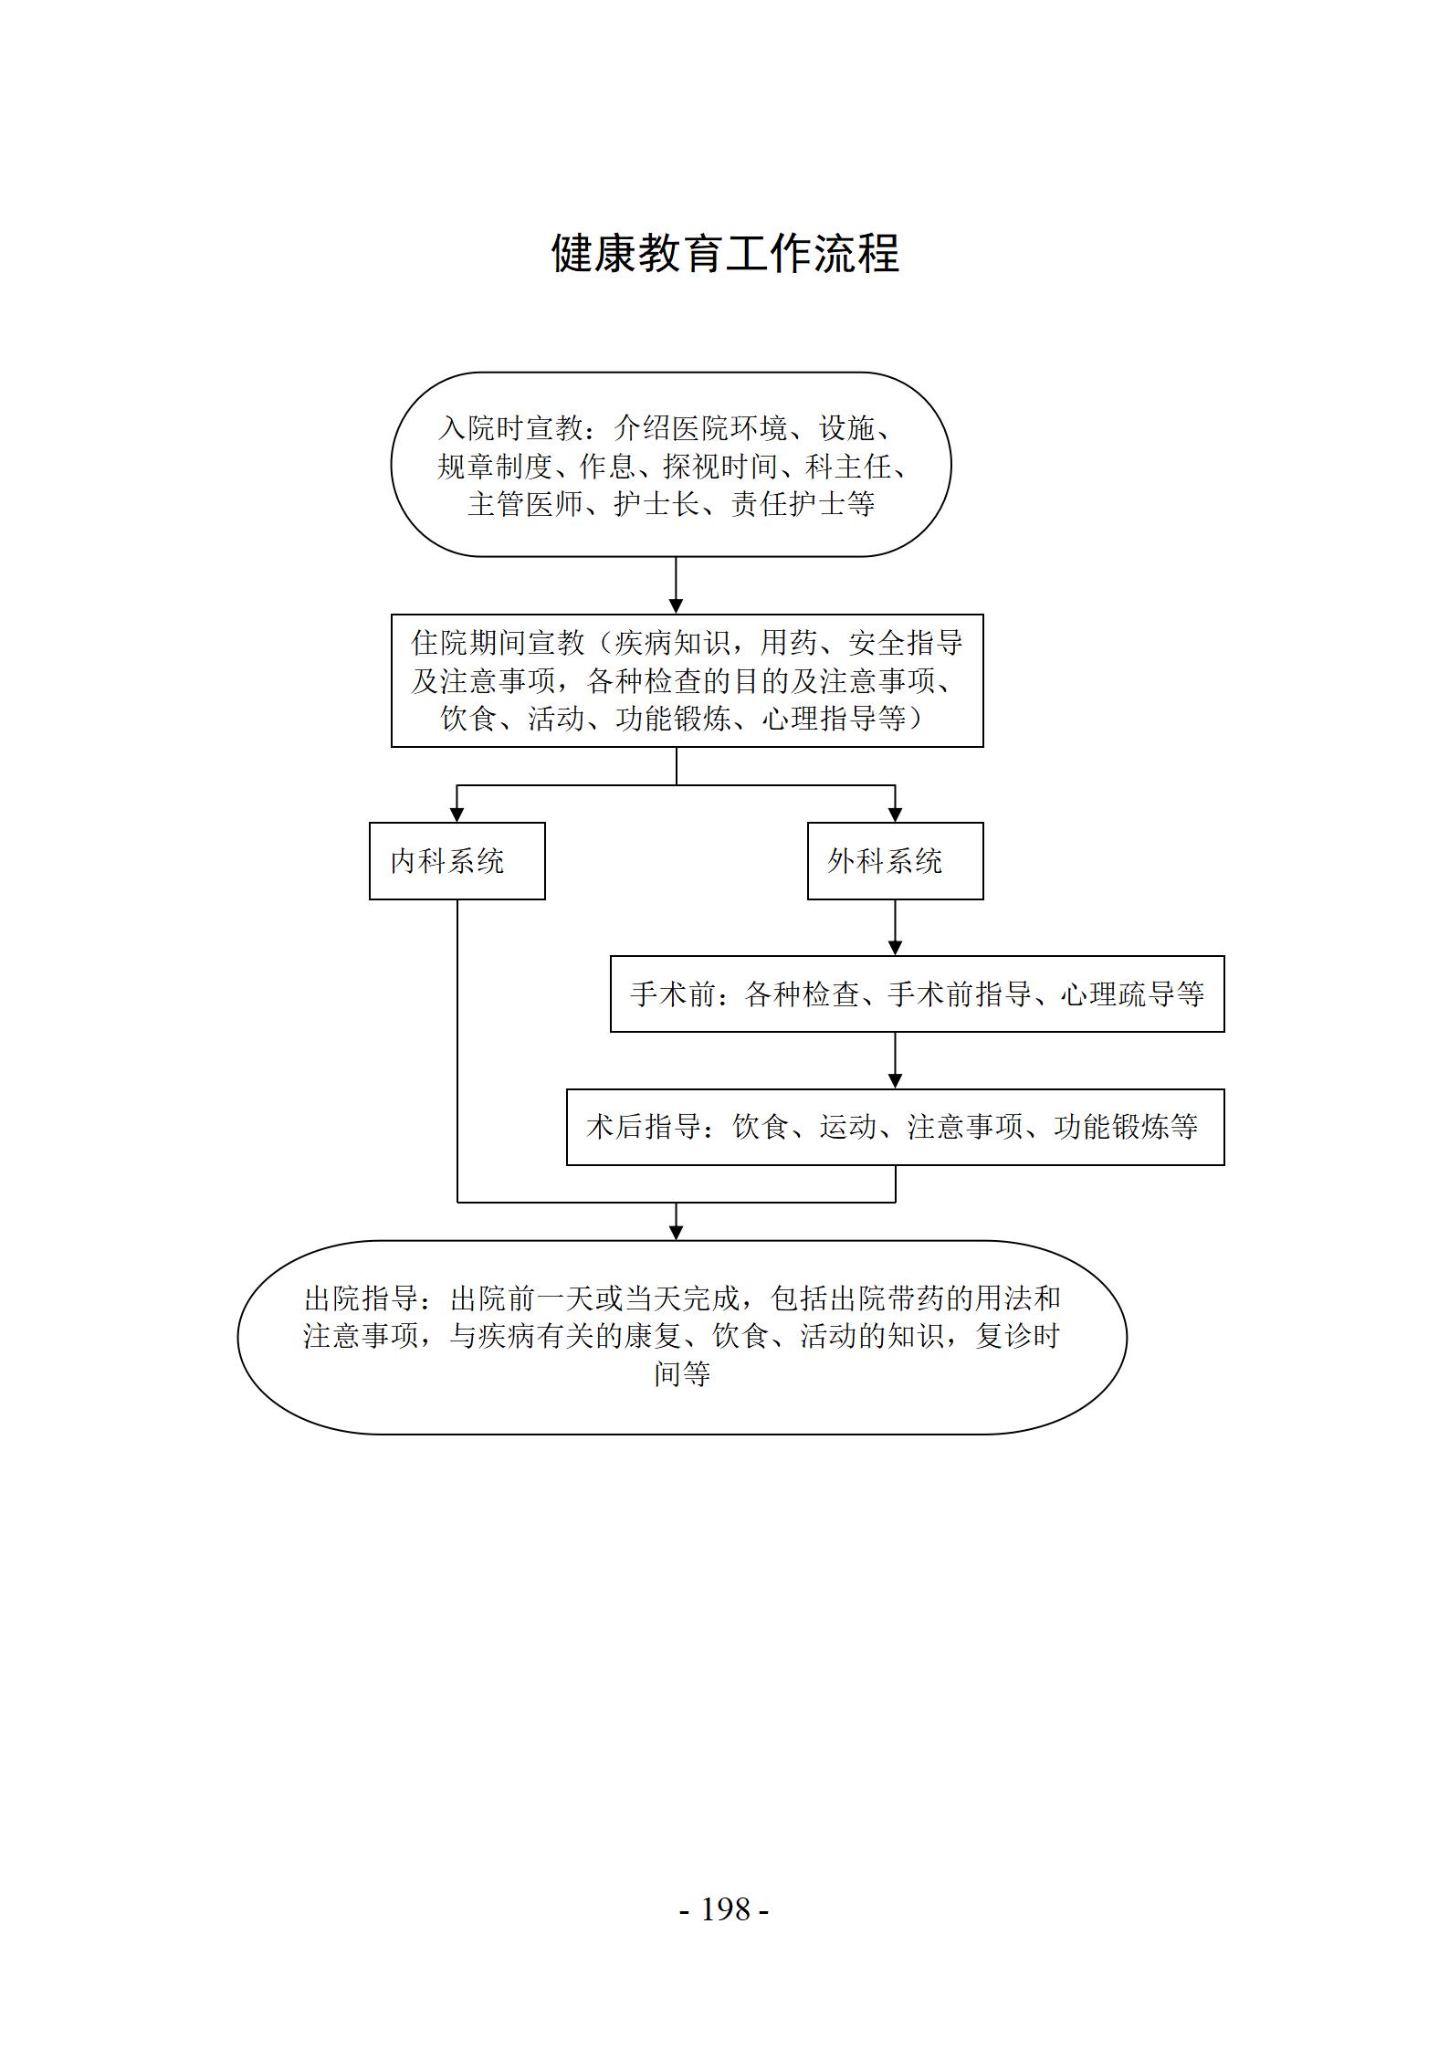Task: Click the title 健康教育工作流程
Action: (725, 253)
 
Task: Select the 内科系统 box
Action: (457, 861)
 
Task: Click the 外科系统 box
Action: (896, 861)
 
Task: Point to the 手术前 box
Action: (918, 994)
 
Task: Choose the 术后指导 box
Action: (896, 1127)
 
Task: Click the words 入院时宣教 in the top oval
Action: (511, 427)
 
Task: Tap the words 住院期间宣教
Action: (499, 643)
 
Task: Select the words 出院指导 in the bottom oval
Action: (362, 1298)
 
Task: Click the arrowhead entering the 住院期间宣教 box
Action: (676, 605)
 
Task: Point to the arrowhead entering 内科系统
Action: (457, 814)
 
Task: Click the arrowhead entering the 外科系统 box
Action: (896, 814)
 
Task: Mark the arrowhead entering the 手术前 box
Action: (896, 948)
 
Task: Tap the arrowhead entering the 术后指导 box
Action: (896, 1080)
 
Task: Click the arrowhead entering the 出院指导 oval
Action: (676, 1232)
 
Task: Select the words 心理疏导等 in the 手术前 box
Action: (1132, 994)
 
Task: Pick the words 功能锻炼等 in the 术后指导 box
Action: (1126, 1127)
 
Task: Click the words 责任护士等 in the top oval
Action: (803, 503)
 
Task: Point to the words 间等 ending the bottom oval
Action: (682, 1373)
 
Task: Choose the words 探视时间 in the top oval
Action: (721, 466)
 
